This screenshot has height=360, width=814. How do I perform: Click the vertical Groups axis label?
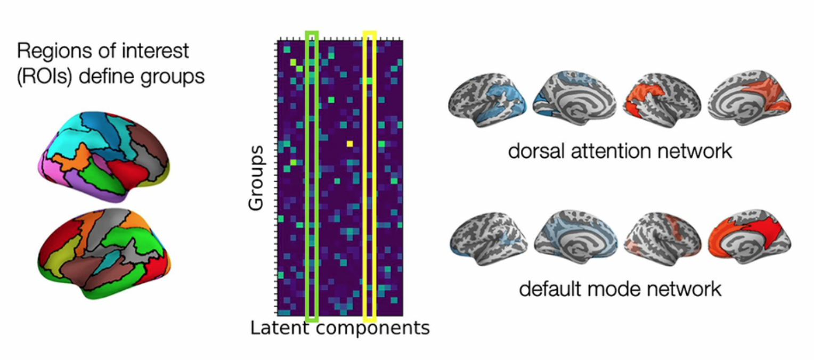(256, 176)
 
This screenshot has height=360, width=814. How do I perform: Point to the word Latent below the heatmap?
(278, 328)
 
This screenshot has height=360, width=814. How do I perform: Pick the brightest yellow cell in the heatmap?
(350, 143)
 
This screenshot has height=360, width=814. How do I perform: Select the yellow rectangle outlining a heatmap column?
(370, 34)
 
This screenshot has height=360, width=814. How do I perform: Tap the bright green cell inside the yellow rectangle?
(369, 80)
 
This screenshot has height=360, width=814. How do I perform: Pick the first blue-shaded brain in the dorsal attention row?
(487, 101)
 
